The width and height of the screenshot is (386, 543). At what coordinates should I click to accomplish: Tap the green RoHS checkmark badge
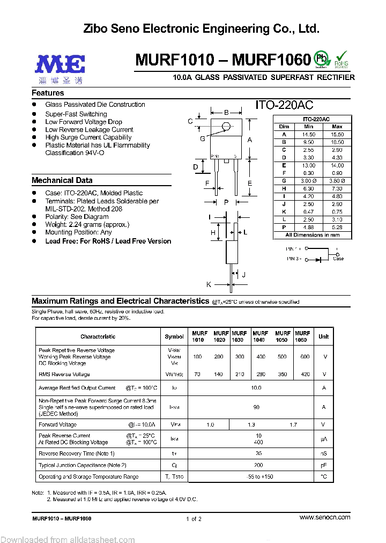pos(341,58)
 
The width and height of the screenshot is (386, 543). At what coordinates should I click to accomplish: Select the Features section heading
pos(48,93)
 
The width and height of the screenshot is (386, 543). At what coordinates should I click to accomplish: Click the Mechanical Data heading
pos(62,180)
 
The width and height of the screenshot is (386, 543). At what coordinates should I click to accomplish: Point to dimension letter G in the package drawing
pos(203,139)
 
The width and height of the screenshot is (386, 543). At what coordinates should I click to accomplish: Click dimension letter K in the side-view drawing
pos(209,284)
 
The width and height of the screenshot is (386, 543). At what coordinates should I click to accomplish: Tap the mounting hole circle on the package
pos(226,127)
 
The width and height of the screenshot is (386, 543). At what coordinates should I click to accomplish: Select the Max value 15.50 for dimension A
pos(337,134)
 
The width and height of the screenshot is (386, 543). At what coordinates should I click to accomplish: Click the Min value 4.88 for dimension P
pos(309,228)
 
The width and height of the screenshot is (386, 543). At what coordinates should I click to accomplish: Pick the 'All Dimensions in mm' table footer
pos(312,235)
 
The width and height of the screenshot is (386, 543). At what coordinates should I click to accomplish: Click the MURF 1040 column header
pos(261,336)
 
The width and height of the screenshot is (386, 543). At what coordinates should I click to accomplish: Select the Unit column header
pos(323,336)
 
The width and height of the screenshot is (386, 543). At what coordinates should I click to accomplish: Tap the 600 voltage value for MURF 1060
pos(305,357)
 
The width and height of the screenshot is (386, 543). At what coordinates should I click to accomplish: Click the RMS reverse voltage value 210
pos(239,375)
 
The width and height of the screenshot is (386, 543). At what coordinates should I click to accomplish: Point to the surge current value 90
pos(256,407)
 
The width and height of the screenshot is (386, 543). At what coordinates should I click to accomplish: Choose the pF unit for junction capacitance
pos(323,465)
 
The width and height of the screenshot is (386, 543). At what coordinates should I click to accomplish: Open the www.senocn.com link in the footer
pos(324,517)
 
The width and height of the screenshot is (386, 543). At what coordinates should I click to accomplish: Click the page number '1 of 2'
pos(194,519)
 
